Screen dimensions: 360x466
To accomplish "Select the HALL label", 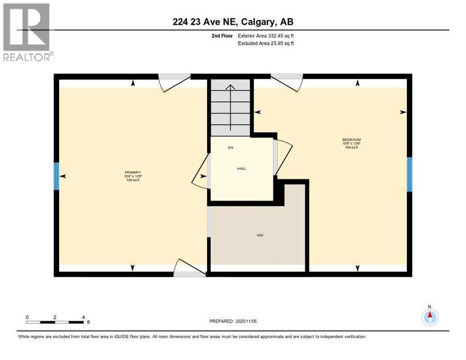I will point(241,169).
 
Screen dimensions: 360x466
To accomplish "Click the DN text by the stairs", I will point(230,148).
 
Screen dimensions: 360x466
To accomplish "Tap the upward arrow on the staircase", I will point(230,108).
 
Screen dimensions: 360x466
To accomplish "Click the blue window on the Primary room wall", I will point(56,176).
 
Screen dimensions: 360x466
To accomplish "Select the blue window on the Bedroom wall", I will point(409,174).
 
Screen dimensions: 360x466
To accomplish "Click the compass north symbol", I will point(429,317).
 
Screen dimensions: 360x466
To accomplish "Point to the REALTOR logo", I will point(27,32).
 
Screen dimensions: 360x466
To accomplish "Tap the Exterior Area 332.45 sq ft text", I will point(266,35).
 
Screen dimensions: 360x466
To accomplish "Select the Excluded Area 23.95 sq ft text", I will point(266,44).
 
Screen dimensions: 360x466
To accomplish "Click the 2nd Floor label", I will point(223,35).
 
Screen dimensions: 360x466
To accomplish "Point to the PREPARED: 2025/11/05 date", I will point(233,321).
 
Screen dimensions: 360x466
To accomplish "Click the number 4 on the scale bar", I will point(83,317).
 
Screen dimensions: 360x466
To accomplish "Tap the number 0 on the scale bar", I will point(28,317).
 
